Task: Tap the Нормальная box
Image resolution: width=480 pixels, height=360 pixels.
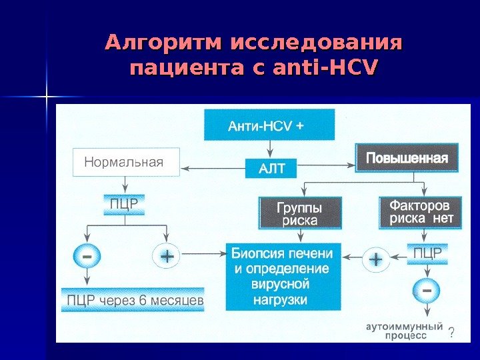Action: tap(126, 162)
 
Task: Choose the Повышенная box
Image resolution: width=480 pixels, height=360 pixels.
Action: tap(407, 159)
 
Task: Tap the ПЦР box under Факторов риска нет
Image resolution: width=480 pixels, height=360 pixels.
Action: tap(427, 253)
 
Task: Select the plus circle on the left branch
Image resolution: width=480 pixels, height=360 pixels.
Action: tap(166, 256)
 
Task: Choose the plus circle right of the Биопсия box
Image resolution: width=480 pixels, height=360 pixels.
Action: tap(377, 259)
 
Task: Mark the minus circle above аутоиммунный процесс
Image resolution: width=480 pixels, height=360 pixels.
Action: tap(427, 291)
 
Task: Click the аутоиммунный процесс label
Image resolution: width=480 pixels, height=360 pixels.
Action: tap(404, 331)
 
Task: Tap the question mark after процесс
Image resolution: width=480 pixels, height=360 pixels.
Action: tap(451, 333)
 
